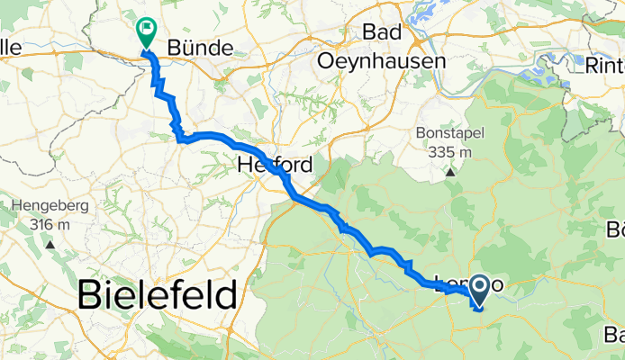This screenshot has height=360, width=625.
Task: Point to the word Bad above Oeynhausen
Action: coord(381,32)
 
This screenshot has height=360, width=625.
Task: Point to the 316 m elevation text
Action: coord(50,224)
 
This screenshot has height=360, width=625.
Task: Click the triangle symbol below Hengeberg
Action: coord(50,244)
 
